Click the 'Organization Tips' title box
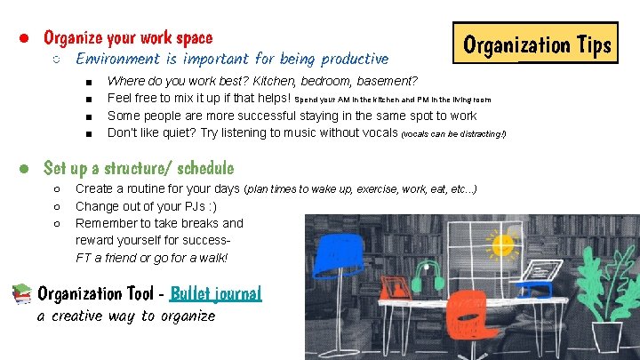[x=538, y=44]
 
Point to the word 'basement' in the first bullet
[x=378, y=82]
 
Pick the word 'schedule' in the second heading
[x=205, y=168]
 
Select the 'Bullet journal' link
[x=216, y=293]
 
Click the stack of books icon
[x=24, y=294]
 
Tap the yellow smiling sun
[x=503, y=244]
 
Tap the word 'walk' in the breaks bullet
[x=212, y=258]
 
